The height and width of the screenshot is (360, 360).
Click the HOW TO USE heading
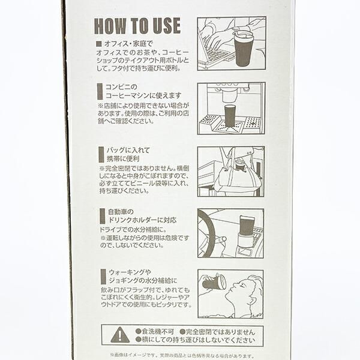137,26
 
